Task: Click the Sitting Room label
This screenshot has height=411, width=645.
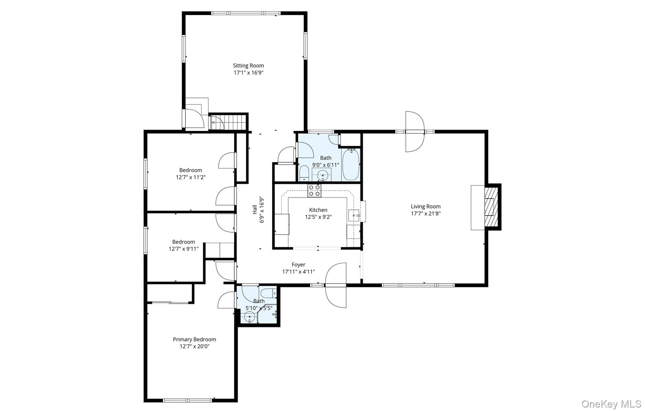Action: coord(248,66)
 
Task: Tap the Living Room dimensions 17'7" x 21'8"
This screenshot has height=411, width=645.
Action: coord(425,213)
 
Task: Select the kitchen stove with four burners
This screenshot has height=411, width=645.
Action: coord(314,191)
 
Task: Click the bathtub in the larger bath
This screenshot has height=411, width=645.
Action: coord(351,165)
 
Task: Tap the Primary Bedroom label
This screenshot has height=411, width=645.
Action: coord(194,339)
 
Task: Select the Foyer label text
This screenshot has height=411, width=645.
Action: coord(298,265)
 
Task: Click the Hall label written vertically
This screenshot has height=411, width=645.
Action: coord(254,210)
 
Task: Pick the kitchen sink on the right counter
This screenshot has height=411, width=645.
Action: coord(354,216)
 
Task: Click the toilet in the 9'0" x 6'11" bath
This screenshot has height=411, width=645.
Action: coord(304,173)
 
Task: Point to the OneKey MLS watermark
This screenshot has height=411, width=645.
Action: coord(611,404)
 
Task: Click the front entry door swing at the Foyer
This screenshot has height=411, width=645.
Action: coord(335,285)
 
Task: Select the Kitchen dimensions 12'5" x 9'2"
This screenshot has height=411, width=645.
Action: coord(318,217)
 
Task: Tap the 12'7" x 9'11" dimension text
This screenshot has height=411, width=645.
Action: coord(184,249)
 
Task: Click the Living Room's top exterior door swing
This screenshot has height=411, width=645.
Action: coord(415,131)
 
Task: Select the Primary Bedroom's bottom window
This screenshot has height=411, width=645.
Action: coord(187,400)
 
